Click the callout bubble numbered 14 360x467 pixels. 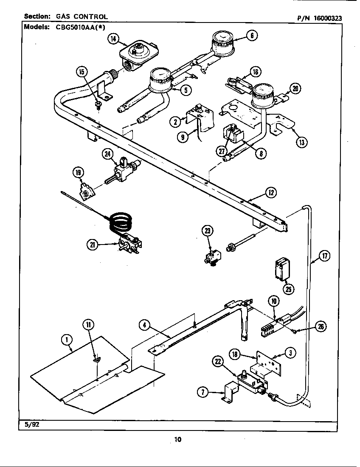(112, 39)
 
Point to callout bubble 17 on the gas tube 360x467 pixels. (325, 256)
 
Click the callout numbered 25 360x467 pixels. (289, 290)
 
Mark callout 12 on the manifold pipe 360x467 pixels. (270, 193)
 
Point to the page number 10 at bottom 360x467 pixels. (177, 439)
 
